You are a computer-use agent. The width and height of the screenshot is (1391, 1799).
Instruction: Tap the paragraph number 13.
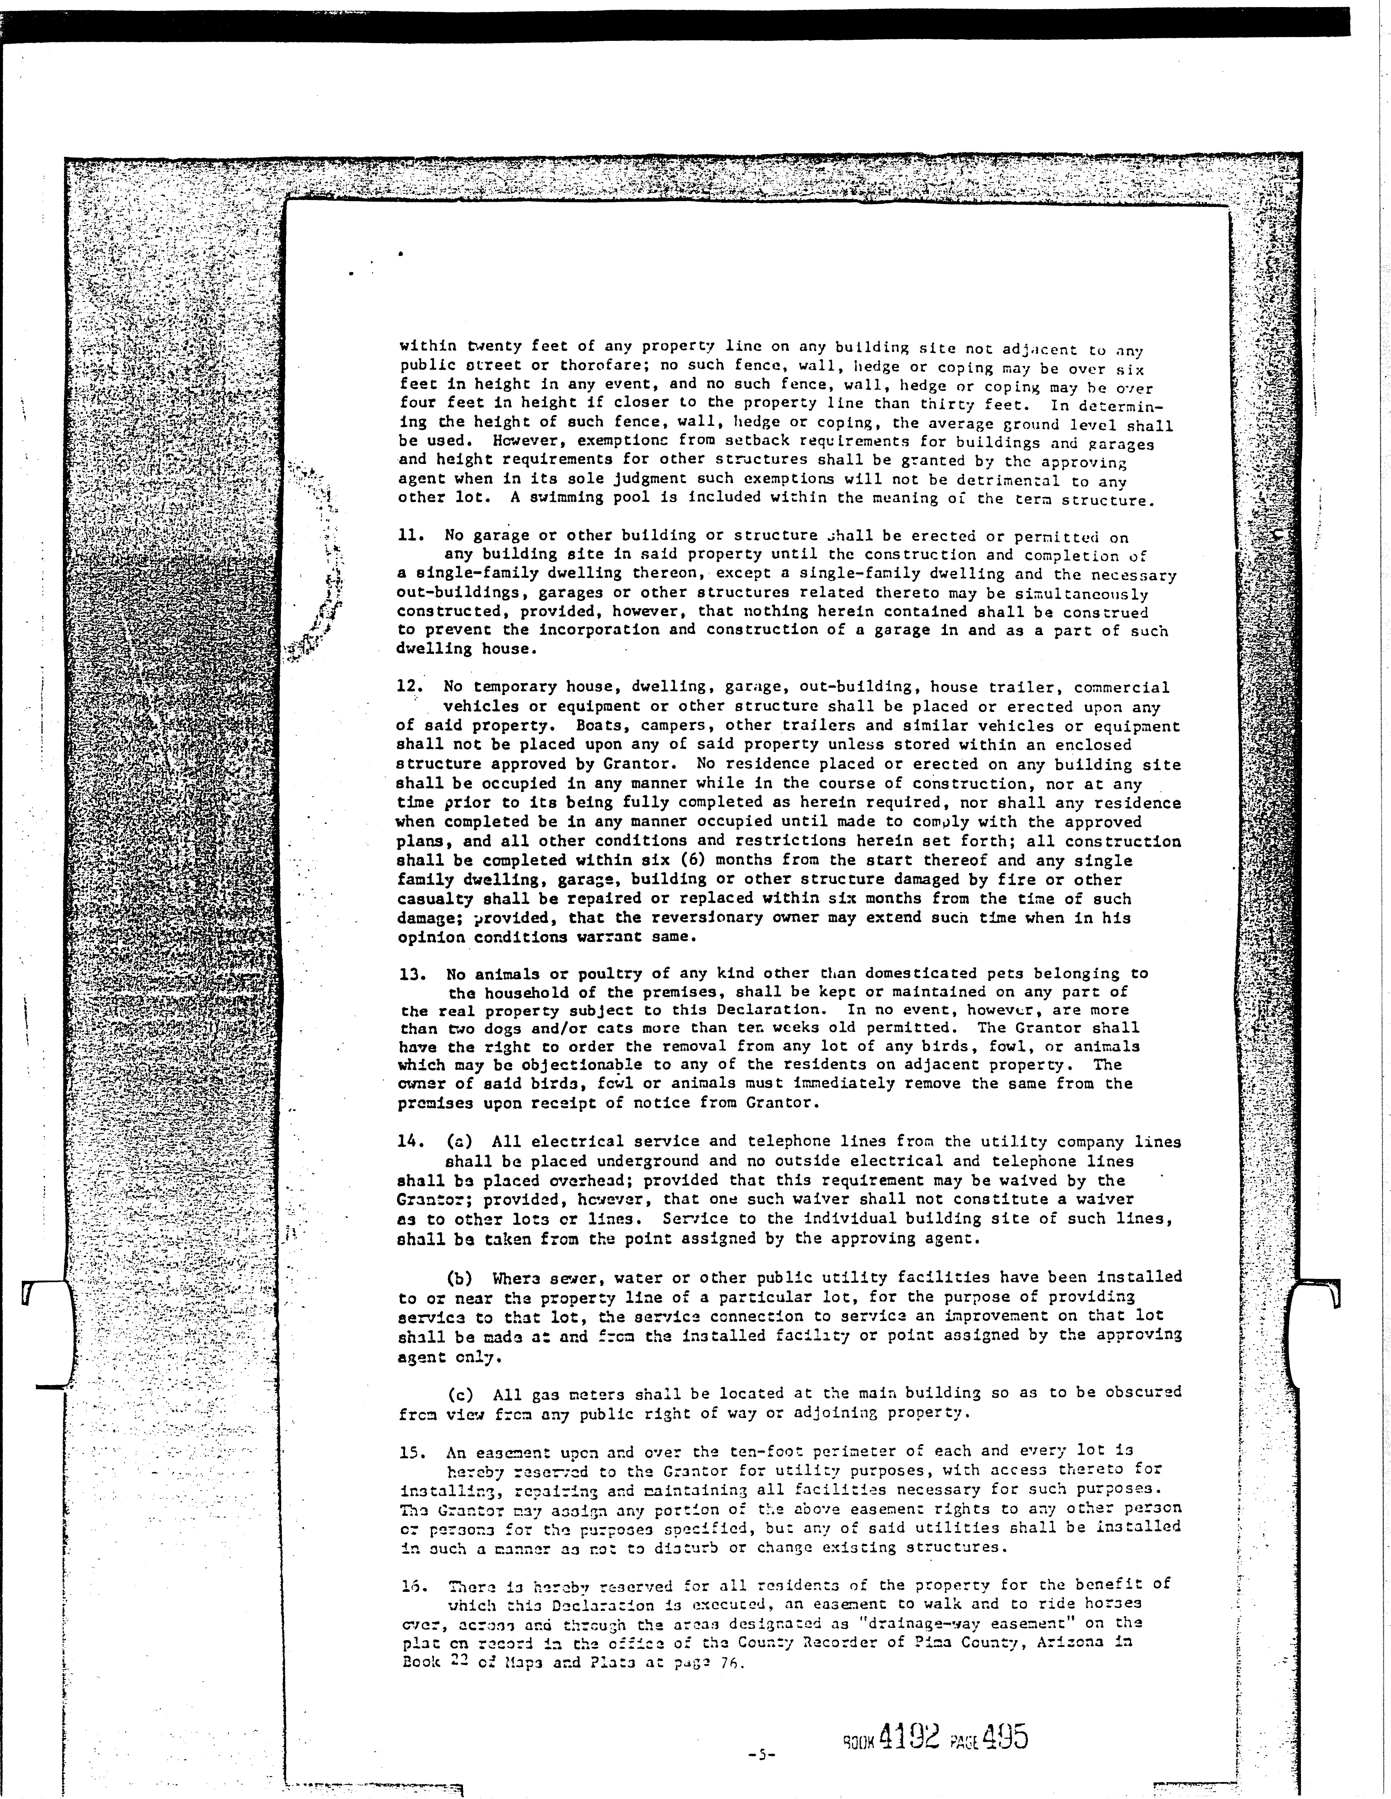410,974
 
